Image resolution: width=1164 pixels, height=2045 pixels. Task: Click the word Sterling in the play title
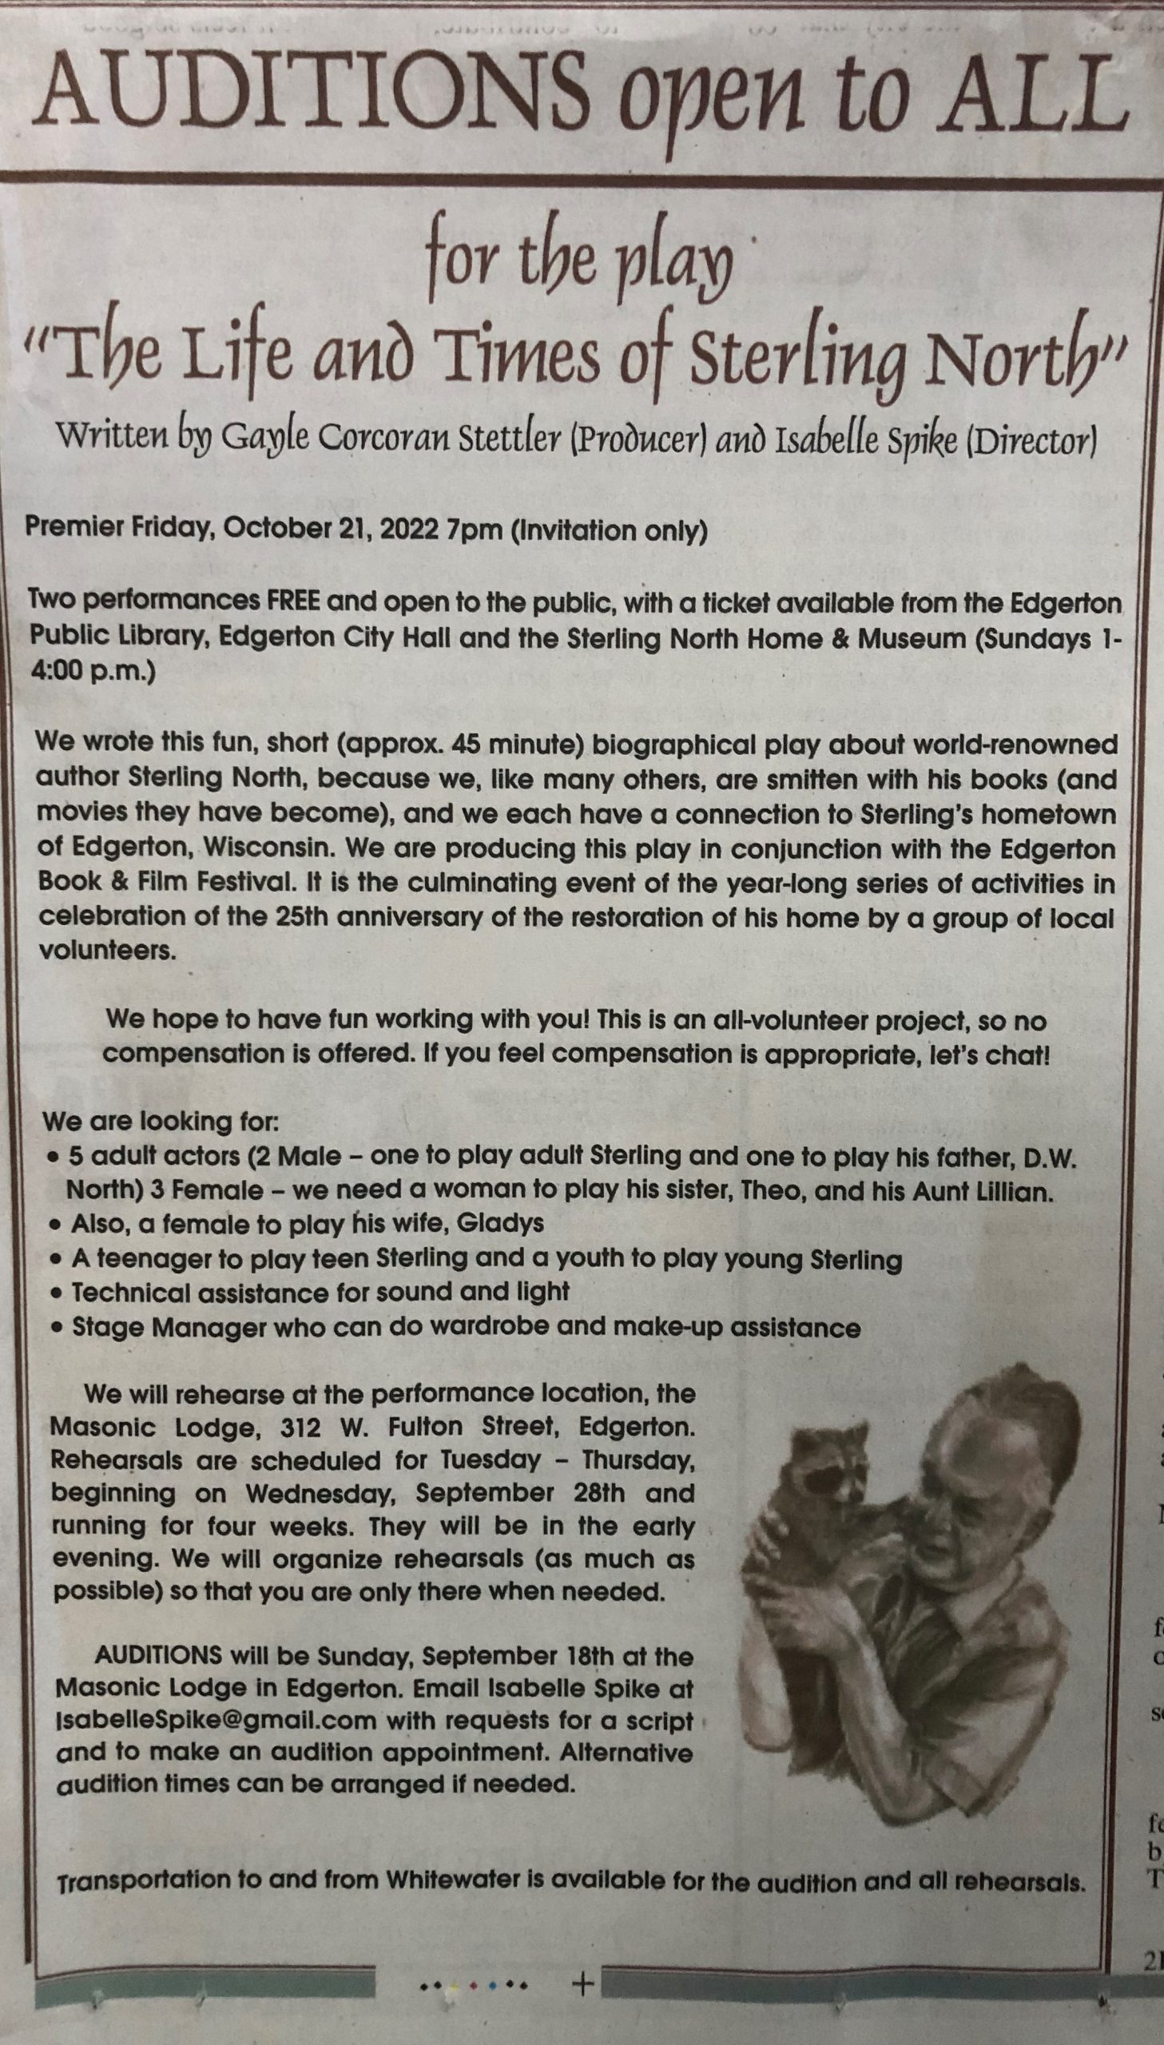pos(797,363)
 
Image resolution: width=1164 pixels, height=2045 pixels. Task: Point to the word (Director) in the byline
pos(1031,440)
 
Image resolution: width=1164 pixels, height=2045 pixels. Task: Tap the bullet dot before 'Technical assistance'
pos(55,1293)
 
